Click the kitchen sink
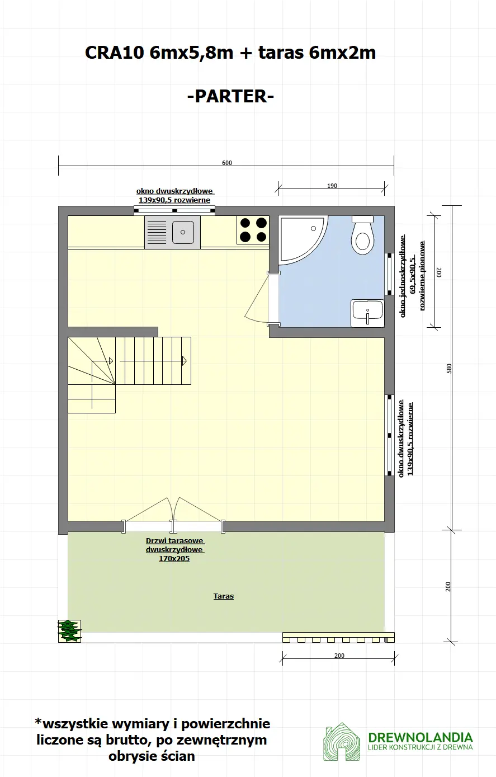tap(173, 232)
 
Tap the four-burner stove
tap(253, 230)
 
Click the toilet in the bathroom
tap(362, 236)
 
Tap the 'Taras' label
tap(223, 596)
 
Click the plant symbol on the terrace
tap(69, 631)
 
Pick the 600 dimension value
tap(226, 163)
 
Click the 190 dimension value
tap(332, 186)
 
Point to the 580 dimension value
tap(448, 369)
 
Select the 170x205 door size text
tap(174, 559)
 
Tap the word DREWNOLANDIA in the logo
tap(420, 737)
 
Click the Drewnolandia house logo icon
tap(341, 742)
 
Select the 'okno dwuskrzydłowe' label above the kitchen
tap(174, 191)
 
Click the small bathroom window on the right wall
tap(390, 274)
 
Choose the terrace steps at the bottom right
tap(338, 638)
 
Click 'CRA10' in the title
tap(115, 53)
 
